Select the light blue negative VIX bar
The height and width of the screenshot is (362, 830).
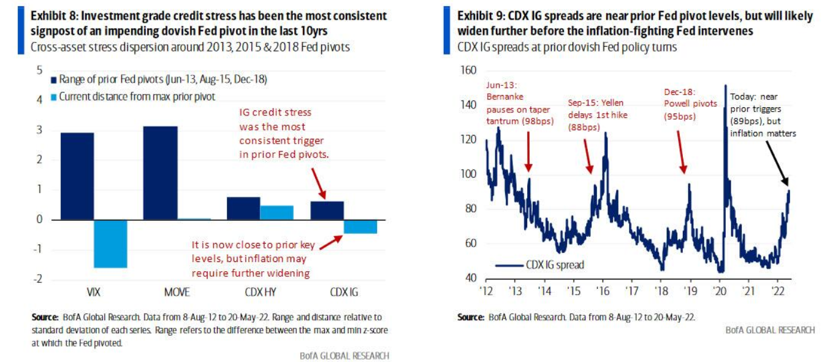tap(110, 244)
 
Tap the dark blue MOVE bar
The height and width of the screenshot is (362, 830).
tap(161, 173)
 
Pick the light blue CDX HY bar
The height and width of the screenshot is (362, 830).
tap(276, 212)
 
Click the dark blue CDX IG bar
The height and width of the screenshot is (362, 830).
tap(327, 210)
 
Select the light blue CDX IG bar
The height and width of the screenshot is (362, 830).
tap(360, 226)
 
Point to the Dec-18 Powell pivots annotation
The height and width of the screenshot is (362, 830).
tap(690, 104)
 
